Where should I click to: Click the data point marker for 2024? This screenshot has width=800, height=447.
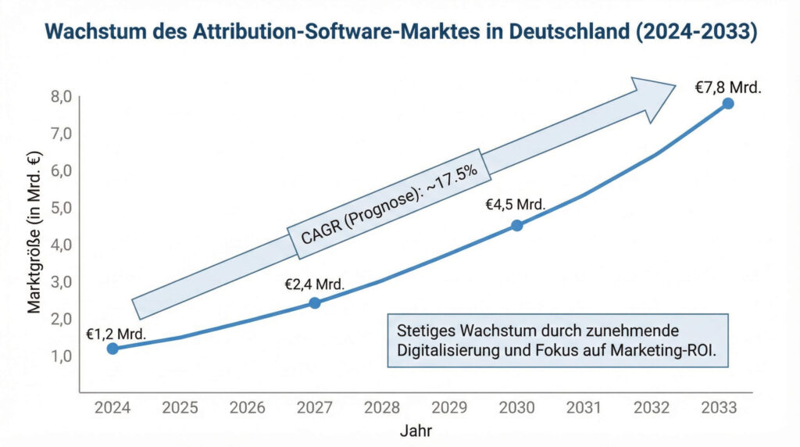click(112, 348)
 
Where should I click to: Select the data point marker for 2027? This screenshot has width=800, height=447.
click(315, 302)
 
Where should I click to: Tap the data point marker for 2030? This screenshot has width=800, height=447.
click(516, 225)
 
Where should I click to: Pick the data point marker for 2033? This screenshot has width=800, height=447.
click(727, 103)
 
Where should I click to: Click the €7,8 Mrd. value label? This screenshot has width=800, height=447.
click(727, 88)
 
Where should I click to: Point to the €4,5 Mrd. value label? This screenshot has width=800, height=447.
click(515, 205)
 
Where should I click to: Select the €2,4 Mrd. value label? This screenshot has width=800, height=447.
click(314, 284)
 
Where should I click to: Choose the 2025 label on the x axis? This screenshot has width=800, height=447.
click(180, 408)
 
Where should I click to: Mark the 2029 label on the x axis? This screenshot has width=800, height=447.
click(449, 408)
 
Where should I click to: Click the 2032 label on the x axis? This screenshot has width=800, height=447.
click(652, 408)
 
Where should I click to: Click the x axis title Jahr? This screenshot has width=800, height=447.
click(416, 431)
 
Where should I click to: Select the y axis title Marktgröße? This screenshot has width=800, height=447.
click(34, 235)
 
